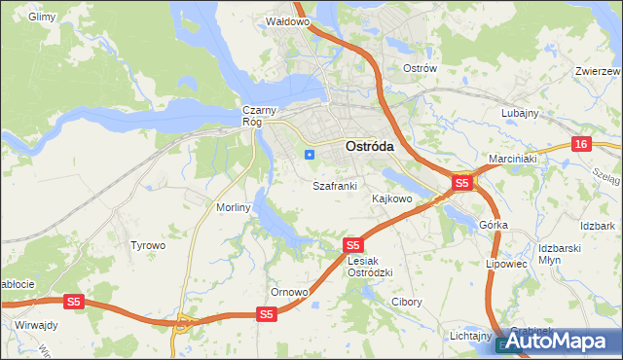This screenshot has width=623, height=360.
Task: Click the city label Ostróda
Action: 370,146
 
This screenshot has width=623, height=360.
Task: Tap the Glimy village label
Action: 43,18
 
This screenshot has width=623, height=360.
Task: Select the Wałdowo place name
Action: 287,20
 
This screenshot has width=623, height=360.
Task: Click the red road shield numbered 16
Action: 581,144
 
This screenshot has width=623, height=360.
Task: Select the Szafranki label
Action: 335,185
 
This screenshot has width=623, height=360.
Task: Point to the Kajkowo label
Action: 392,198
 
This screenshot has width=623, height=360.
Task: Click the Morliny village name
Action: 235,207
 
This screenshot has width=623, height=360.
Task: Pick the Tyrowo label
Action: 148,245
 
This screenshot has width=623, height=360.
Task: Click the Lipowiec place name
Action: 505,263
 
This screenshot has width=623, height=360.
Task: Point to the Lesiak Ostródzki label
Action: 370,267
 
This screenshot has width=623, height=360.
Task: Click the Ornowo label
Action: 289,292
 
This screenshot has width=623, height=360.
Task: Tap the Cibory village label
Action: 406,302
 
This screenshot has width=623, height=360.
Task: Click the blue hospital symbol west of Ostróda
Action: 310,154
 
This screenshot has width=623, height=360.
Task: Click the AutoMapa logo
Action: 560,342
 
